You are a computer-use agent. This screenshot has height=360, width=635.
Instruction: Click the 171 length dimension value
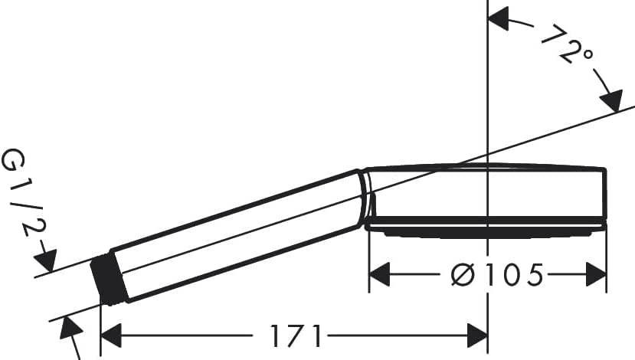296,335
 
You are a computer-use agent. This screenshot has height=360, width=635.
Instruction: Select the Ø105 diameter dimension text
496,275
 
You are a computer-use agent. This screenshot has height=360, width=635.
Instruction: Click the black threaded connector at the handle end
110,280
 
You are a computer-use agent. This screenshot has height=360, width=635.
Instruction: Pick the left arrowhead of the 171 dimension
111,335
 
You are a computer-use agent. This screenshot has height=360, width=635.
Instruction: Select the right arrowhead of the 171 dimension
477,335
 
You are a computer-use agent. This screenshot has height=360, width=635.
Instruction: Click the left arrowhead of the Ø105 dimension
380,274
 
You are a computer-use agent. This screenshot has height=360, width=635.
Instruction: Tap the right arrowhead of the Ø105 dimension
596,274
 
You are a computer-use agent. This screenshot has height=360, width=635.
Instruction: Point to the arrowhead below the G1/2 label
46,260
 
